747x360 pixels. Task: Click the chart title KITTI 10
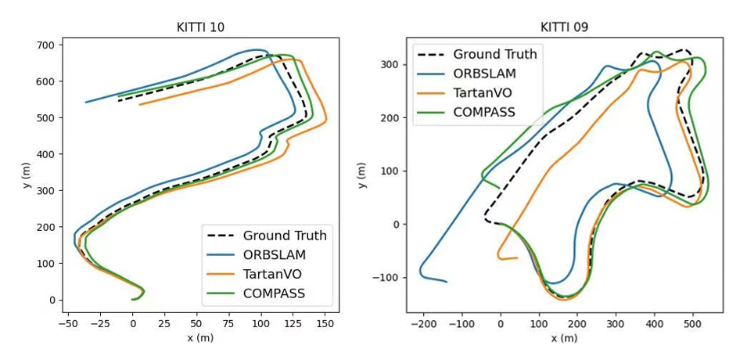pyautogui.click(x=200, y=27)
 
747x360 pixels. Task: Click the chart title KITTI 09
pyautogui.click(x=564, y=27)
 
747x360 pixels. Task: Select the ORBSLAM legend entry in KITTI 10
pyautogui.click(x=275, y=255)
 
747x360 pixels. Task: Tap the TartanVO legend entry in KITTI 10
pyautogui.click(x=272, y=275)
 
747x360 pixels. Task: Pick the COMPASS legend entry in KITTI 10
pyautogui.click(x=274, y=294)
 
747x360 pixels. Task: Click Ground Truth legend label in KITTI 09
pyautogui.click(x=495, y=55)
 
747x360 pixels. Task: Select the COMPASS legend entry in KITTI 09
pyautogui.click(x=484, y=112)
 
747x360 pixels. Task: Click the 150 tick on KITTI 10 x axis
pyautogui.click(x=325, y=322)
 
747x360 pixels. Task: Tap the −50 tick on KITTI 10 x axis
pyautogui.click(x=68, y=322)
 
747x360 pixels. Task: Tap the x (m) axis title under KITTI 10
pyautogui.click(x=200, y=337)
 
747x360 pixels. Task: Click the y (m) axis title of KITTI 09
pyautogui.click(x=361, y=175)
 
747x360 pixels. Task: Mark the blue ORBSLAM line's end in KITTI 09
pyautogui.click(x=446, y=281)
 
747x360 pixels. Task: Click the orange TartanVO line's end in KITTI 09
pyautogui.click(x=517, y=257)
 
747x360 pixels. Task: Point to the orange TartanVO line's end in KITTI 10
pyautogui.click(x=140, y=104)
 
